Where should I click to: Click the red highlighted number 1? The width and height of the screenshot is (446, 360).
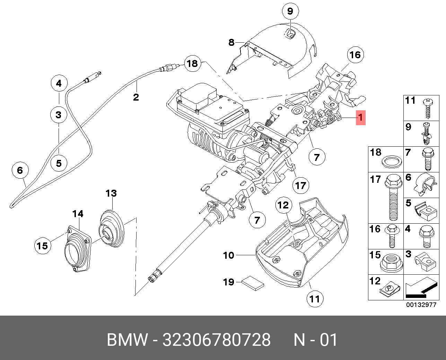pos(361,118)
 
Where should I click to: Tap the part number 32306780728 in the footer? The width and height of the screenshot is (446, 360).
pos(217,340)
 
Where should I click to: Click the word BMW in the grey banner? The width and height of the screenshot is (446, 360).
pos(128,340)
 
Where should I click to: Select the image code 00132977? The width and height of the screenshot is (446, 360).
pos(421,305)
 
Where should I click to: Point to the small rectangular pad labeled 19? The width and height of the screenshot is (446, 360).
pos(253,283)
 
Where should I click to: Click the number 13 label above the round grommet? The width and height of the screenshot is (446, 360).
pos(111,194)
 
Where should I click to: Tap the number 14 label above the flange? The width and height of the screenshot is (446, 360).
pos(78,214)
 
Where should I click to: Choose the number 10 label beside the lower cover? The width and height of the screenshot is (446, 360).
pos(229,255)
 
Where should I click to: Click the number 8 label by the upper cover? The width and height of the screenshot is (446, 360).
pos(231,43)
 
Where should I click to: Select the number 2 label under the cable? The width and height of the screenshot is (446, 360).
pos(136,97)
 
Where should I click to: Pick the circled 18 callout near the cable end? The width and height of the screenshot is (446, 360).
pos(193,63)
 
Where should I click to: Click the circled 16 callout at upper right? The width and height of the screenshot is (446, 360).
pos(355,55)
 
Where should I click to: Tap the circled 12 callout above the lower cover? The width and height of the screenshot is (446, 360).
pos(283,205)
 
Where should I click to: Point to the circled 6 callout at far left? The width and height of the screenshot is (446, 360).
pos(20,171)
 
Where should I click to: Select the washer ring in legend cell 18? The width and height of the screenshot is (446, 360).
pos(392,162)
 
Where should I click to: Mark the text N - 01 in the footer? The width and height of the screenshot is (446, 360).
pos(316,340)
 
